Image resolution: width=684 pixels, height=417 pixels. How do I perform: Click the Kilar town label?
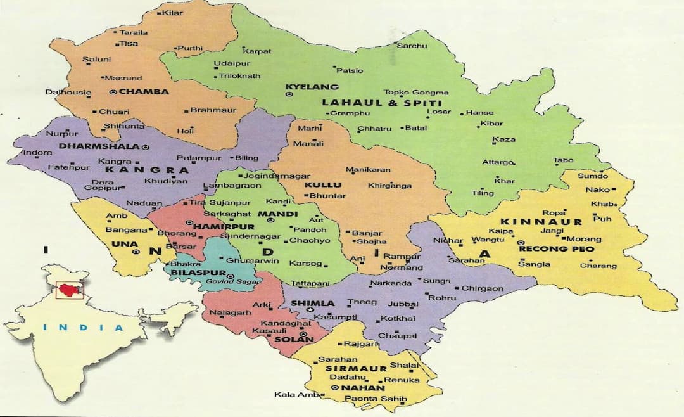tap(172, 13)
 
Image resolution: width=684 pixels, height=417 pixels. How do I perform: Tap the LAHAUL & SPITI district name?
tap(381, 103)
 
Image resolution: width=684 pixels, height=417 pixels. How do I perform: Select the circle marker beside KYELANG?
tap(289, 94)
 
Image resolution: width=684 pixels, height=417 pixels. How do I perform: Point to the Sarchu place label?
tap(412, 46)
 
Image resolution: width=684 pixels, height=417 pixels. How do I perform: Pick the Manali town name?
tap(311, 144)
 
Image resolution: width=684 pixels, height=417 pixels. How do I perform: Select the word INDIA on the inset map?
tap(84, 328)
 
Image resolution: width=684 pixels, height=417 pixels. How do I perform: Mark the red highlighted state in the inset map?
tap(69, 290)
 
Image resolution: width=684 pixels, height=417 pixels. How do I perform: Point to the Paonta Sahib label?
tap(375, 399)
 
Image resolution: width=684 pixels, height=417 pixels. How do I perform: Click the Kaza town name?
tap(504, 139)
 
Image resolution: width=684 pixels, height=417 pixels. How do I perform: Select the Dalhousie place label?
tap(68, 92)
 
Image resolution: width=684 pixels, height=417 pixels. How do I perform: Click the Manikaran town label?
tap(368, 170)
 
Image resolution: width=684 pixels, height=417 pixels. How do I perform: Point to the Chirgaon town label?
tap(483, 288)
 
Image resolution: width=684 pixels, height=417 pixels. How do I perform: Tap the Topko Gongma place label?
tap(416, 93)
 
